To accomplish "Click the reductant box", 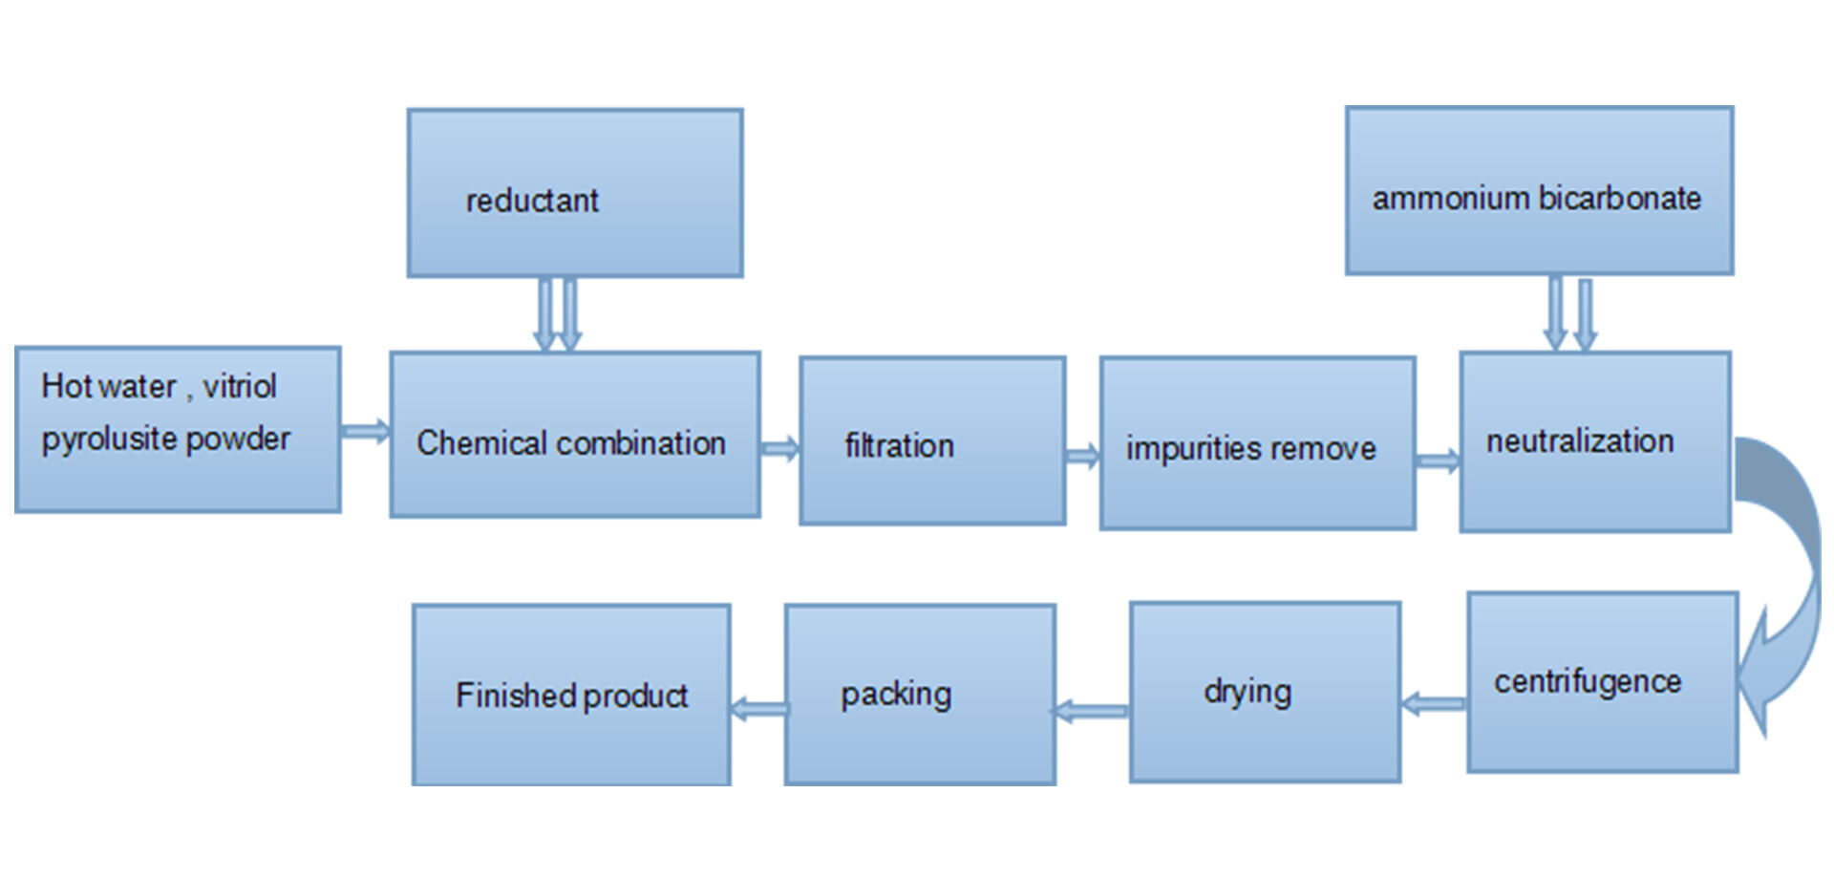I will pyautogui.click(x=574, y=193).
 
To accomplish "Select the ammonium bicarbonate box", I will pyautogui.click(x=1539, y=191).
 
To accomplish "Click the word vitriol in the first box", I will pyautogui.click(x=240, y=386).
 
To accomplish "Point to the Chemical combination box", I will pyautogui.click(x=575, y=435).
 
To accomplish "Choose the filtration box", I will pyautogui.click(x=932, y=441).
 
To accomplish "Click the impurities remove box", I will pyautogui.click(x=1257, y=443).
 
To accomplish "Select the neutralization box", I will pyautogui.click(x=1594, y=441).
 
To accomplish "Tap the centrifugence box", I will pyautogui.click(x=1602, y=682).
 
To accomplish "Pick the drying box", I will pyautogui.click(x=1265, y=692).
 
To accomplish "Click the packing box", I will pyautogui.click(x=920, y=695).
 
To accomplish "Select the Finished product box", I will pyautogui.click(x=571, y=695).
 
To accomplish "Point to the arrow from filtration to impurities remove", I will pyautogui.click(x=1082, y=457).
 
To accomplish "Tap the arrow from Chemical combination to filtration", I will pyautogui.click(x=779, y=448).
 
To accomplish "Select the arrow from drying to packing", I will pyautogui.click(x=1091, y=711).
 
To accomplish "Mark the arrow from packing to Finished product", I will pyautogui.click(x=759, y=709).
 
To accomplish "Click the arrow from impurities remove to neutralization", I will pyautogui.click(x=1438, y=461).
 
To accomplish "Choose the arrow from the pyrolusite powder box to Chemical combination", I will pyautogui.click(x=365, y=431).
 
